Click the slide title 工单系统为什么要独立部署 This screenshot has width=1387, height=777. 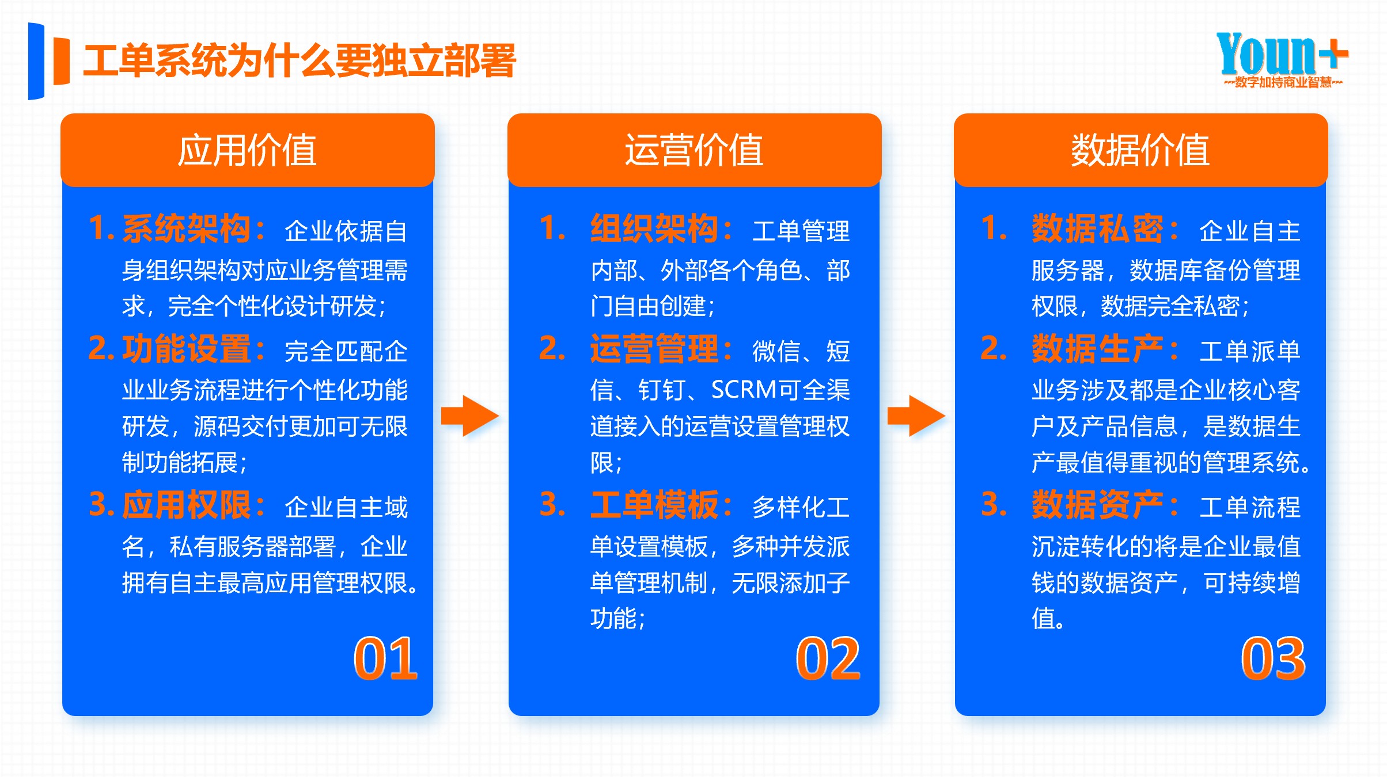300,61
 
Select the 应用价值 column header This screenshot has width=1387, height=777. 247,150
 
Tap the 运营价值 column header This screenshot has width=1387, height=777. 694,150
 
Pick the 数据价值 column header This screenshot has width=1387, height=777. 1140,150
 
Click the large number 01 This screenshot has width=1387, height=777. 385,659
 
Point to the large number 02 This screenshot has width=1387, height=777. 828,659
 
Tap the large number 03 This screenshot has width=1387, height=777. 1273,659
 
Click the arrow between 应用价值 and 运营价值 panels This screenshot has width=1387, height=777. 470,416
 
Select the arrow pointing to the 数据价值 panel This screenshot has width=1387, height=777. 916,416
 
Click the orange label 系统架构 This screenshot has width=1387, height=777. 186,229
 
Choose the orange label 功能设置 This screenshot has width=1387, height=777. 186,349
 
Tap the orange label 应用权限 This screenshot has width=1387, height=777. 186,505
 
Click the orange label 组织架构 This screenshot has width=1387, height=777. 654,229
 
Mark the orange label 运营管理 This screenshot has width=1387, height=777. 654,349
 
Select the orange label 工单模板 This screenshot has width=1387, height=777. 654,505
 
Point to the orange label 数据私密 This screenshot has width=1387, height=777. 1097,229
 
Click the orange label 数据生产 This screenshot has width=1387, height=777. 1097,349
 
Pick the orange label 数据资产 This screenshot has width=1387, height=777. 1097,505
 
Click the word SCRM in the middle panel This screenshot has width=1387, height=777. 744,390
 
